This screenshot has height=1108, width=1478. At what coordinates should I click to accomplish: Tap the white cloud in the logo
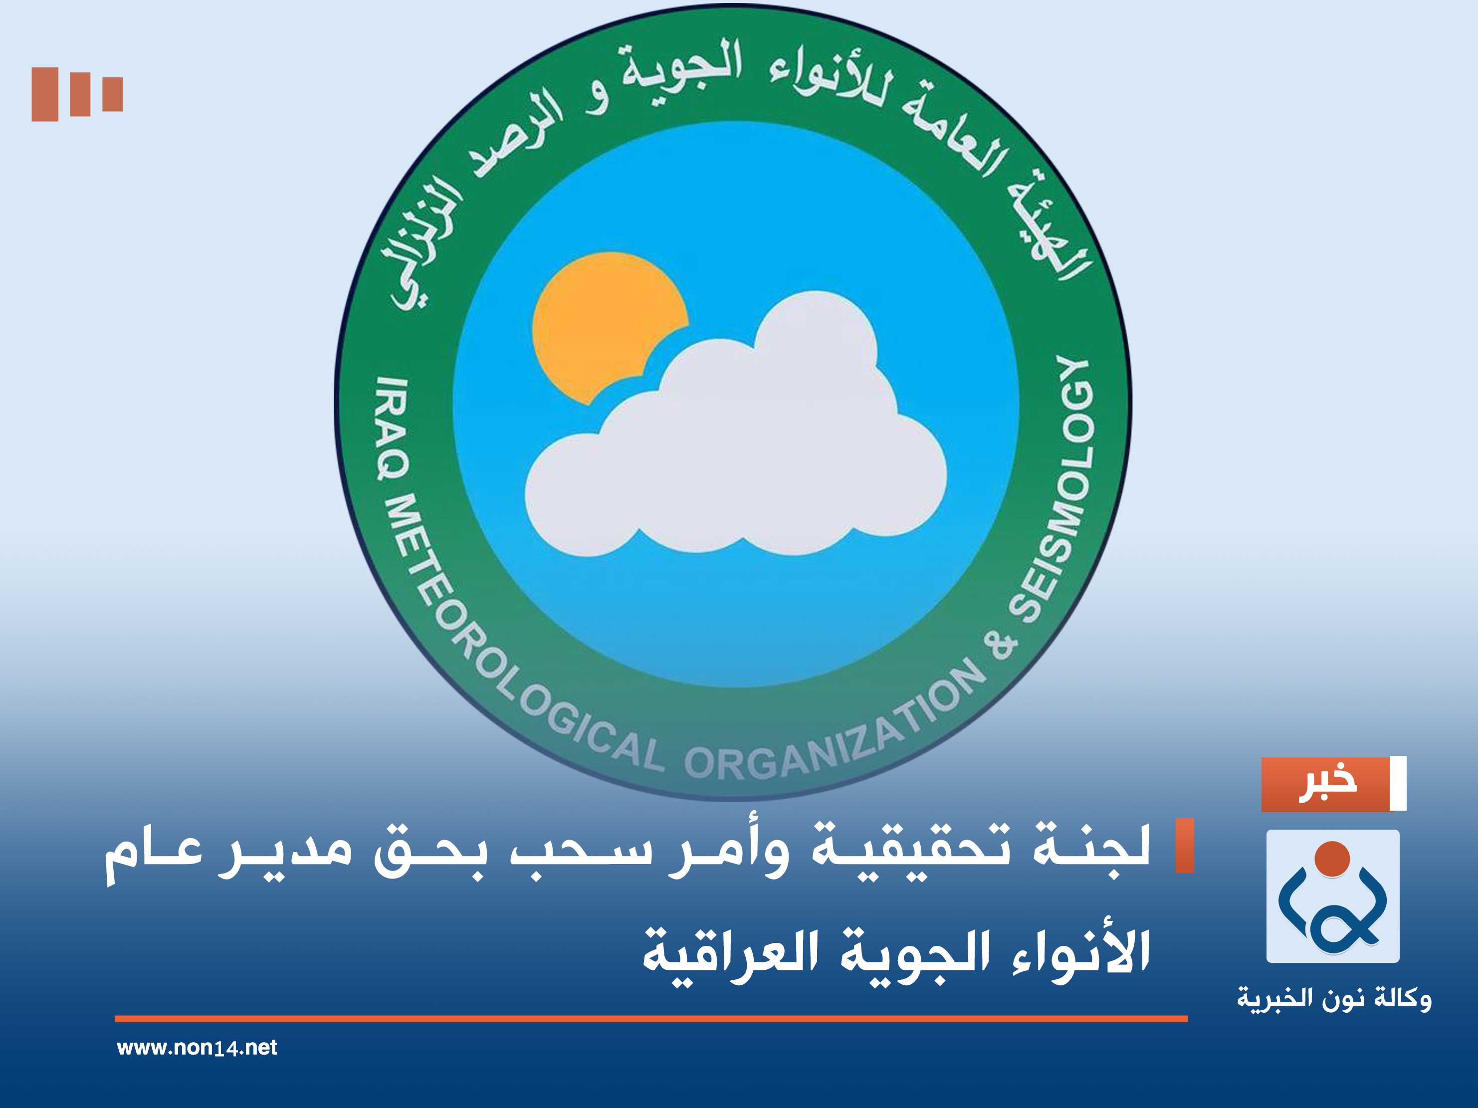pyautogui.click(x=735, y=454)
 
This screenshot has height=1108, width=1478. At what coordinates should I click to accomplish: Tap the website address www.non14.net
pyautogui.click(x=197, y=1047)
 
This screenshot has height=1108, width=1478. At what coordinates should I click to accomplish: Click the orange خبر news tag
pyautogui.click(x=1326, y=784)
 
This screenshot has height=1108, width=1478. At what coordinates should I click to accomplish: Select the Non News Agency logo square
pyautogui.click(x=1332, y=896)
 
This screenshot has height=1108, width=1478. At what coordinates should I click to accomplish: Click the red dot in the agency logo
pyautogui.click(x=1332, y=859)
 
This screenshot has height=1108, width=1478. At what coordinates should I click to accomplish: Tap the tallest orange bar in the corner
pyautogui.click(x=45, y=94)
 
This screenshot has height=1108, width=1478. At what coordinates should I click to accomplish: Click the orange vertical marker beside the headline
pyautogui.click(x=1184, y=846)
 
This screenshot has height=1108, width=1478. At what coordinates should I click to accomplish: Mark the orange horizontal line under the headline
pyautogui.click(x=651, y=1018)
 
